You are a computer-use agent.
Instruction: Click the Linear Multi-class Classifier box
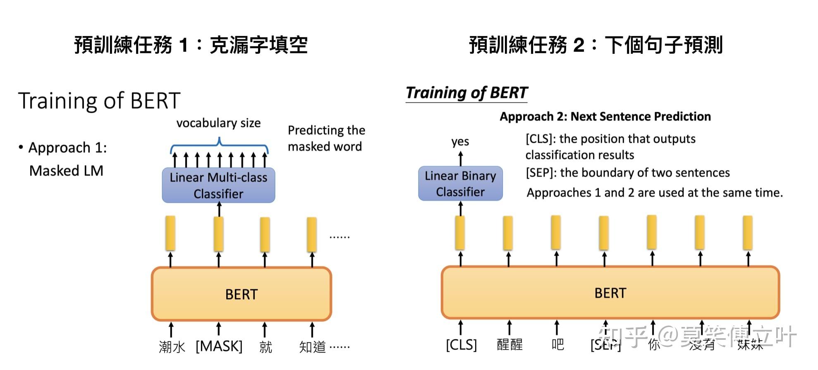point(218,185)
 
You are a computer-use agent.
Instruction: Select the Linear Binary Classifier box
point(460,183)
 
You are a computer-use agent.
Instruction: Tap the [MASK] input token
point(219,346)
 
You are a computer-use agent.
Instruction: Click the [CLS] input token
point(461,344)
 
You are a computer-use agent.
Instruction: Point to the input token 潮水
point(172,347)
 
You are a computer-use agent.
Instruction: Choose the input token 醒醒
point(509,344)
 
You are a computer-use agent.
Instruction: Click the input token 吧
point(557,344)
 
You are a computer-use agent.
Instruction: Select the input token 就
point(265,347)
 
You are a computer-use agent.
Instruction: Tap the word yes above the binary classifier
point(460,142)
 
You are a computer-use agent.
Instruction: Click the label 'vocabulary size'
point(218,123)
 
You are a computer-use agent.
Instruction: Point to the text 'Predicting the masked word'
point(326,138)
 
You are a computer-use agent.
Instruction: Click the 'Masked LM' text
point(66,171)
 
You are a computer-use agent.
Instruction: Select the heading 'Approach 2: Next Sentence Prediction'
point(605,116)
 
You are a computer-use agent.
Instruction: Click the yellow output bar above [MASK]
point(219,234)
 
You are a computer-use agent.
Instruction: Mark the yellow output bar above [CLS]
point(460,233)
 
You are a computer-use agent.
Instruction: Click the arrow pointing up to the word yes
point(460,159)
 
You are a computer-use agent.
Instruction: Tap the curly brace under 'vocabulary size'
point(219,146)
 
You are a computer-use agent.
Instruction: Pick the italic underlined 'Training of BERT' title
point(466,93)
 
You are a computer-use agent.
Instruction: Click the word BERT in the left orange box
point(241,294)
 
